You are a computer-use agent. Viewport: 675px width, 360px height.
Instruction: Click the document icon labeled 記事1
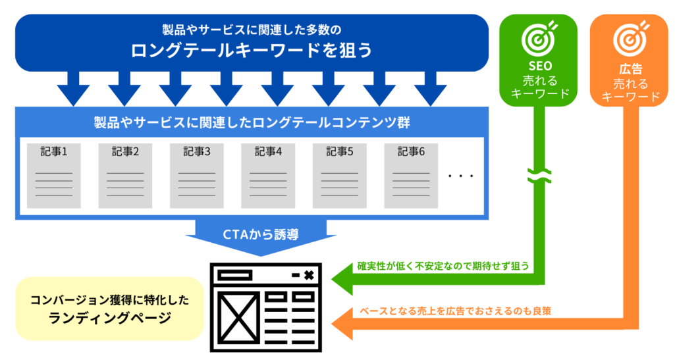[54, 174]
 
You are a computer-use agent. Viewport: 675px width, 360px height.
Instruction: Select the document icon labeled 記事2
[125, 174]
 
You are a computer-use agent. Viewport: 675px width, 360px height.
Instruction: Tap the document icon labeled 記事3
[197, 174]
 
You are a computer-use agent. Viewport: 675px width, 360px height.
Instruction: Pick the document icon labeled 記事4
[268, 174]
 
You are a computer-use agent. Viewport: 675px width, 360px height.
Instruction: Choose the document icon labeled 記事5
[340, 174]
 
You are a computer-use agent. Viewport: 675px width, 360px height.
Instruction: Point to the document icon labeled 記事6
[411, 174]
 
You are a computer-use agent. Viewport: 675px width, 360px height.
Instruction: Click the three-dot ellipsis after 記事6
[460, 176]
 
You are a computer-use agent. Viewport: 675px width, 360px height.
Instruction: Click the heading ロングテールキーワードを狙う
[252, 51]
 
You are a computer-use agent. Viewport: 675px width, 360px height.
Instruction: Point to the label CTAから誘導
[261, 234]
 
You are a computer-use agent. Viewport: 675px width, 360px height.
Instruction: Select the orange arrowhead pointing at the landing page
[342, 324]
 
